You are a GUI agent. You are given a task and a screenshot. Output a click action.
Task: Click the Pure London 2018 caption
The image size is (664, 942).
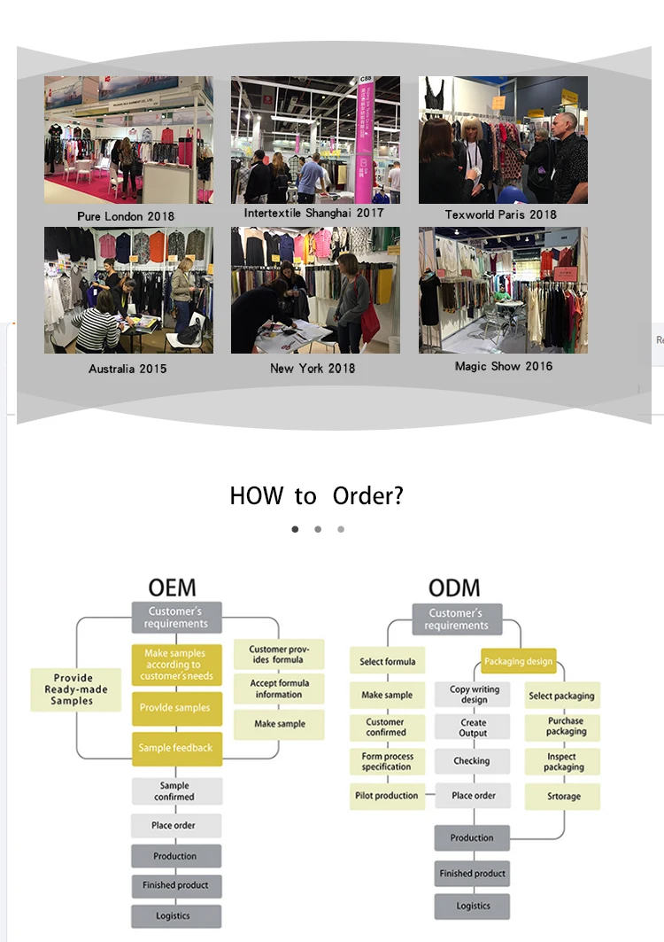[126, 216]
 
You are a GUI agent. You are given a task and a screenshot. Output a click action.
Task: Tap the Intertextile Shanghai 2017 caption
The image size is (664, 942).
[314, 214]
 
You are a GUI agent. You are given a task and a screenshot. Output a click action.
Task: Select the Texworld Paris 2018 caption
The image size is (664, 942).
[501, 214]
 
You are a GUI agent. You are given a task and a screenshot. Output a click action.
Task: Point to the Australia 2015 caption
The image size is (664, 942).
[127, 369]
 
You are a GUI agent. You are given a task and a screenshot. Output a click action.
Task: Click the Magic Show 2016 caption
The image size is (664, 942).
[504, 366]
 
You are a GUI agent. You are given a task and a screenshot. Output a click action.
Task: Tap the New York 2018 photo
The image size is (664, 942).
[315, 291]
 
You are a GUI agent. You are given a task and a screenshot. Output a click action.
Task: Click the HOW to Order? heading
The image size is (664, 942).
[316, 495]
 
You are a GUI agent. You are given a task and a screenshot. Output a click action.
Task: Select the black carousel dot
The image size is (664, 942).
[295, 529]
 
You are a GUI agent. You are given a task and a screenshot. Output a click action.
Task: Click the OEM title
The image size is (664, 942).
[173, 588]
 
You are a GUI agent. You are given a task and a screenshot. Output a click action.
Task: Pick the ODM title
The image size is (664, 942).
[454, 588]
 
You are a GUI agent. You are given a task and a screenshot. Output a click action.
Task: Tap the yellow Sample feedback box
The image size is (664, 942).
[175, 748]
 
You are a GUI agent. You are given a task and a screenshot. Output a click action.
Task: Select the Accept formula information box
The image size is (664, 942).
[279, 689]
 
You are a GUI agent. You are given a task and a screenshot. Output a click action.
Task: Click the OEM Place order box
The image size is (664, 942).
[174, 826]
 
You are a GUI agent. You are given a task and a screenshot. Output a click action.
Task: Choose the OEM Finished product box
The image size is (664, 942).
[175, 885]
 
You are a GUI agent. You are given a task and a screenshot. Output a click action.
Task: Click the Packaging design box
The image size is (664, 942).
[518, 661]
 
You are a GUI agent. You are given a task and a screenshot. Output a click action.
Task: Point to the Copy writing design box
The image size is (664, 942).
[474, 695]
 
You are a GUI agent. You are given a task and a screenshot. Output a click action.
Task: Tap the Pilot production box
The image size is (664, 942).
[387, 796]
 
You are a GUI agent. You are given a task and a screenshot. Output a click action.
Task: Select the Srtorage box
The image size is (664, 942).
[562, 797]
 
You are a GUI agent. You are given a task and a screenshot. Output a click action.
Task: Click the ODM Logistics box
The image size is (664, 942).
[473, 906]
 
